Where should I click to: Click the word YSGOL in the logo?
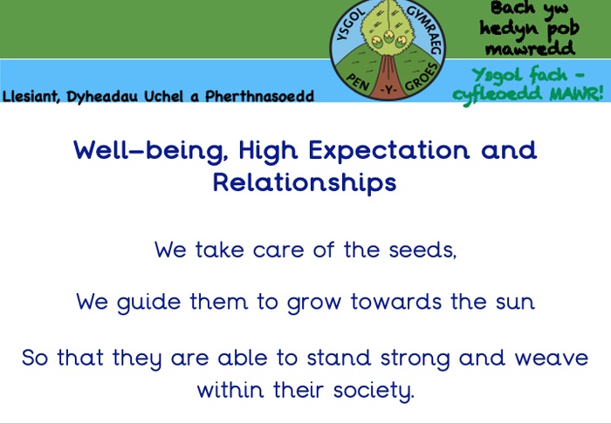point(350,24)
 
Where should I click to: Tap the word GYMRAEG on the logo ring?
point(424,28)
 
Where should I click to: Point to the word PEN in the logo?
point(357,81)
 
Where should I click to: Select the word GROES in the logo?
point(422,77)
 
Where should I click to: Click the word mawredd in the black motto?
point(531,49)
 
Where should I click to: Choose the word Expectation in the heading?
point(389,151)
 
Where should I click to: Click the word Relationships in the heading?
point(305,182)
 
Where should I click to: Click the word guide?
point(148,303)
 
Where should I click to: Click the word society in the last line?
point(374,391)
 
